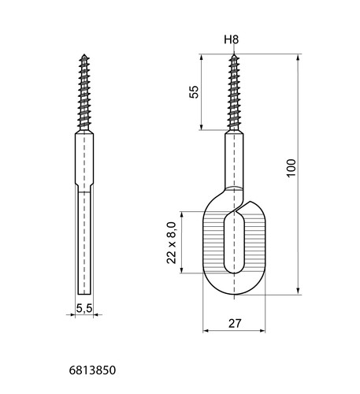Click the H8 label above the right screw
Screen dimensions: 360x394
[x=232, y=39]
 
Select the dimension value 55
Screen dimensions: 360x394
[x=194, y=92]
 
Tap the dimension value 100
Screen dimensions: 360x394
[x=291, y=169]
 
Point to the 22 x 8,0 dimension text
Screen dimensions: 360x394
[x=171, y=243]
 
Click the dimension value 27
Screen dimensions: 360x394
[x=235, y=323]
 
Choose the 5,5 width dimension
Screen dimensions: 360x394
[x=84, y=308]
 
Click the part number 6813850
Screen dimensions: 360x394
[x=92, y=370]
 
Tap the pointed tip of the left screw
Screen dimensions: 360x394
[x=84, y=54]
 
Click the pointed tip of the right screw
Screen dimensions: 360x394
[x=234, y=54]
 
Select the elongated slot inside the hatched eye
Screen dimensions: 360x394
[x=234, y=242]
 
